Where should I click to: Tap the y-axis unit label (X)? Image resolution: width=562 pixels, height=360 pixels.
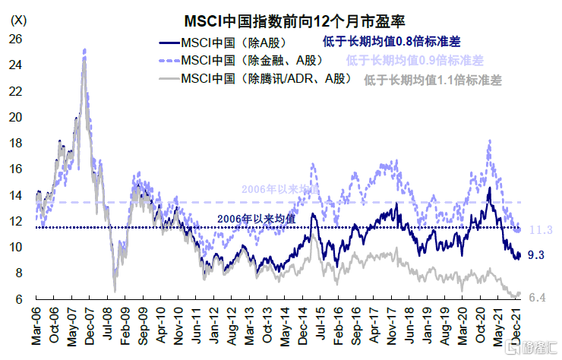coord(18,20)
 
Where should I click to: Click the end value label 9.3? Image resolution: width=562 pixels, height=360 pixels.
coord(536,255)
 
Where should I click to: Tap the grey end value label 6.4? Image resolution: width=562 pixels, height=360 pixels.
coord(536,296)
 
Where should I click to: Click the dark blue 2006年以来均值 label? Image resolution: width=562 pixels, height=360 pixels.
coord(255,219)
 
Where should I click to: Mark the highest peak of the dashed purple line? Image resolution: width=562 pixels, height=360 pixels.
coord(84,49)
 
